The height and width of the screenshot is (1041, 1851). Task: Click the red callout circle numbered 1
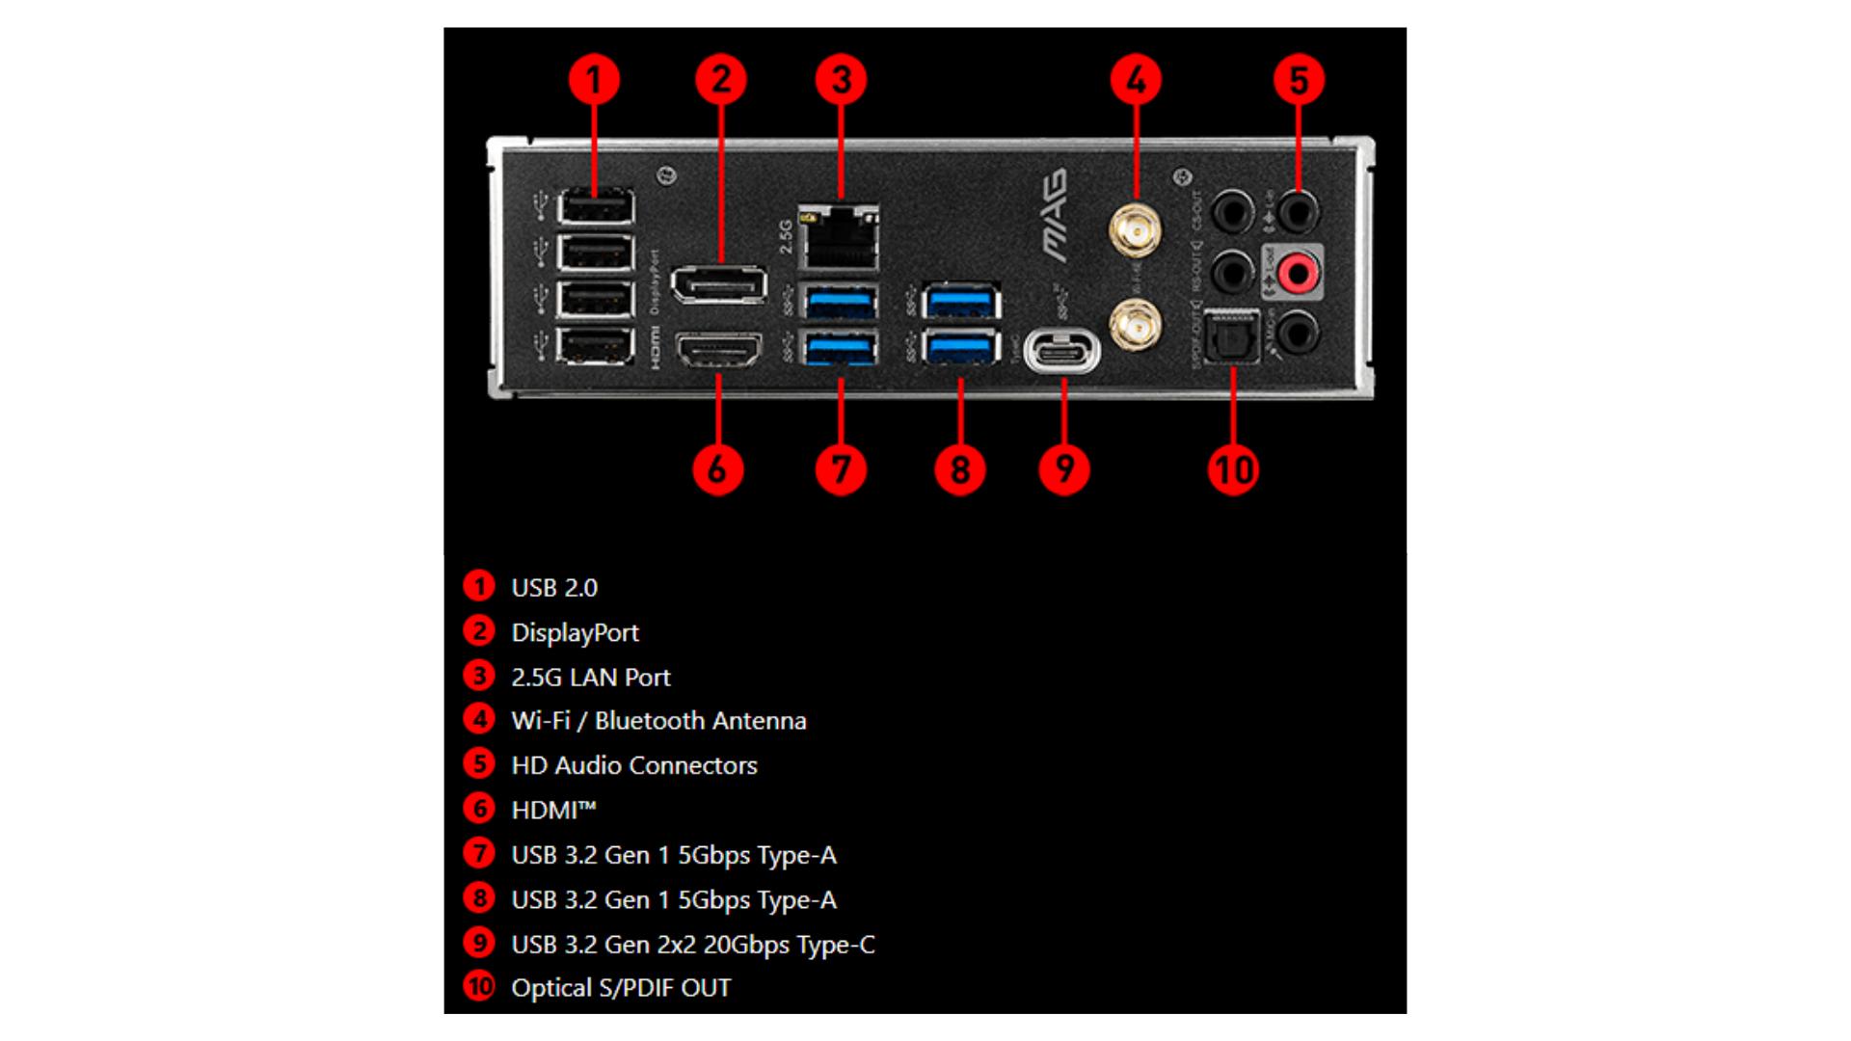pyautogui.click(x=593, y=79)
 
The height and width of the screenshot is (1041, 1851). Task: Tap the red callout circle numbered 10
pyautogui.click(x=1233, y=469)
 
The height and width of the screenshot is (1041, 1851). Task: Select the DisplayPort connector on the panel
pyautogui.click(x=718, y=284)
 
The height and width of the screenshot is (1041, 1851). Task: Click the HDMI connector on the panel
pyautogui.click(x=718, y=351)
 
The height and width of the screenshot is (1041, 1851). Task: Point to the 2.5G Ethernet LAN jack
pyautogui.click(x=839, y=238)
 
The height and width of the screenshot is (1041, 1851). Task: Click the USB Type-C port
pyautogui.click(x=1062, y=351)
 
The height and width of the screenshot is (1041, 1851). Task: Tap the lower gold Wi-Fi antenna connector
pyautogui.click(x=1135, y=325)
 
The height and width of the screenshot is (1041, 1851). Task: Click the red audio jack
pyautogui.click(x=1297, y=274)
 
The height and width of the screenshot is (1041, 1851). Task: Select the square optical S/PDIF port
pyautogui.click(x=1233, y=335)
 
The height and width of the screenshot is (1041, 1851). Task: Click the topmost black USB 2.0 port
pyautogui.click(x=596, y=207)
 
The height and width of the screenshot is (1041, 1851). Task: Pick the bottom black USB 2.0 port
pyautogui.click(x=596, y=345)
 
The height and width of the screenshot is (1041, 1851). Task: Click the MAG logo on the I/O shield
pyautogui.click(x=1055, y=215)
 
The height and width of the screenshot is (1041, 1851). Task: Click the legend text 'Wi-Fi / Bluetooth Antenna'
pyautogui.click(x=658, y=721)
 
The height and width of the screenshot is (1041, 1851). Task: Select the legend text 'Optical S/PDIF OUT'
pyautogui.click(x=621, y=988)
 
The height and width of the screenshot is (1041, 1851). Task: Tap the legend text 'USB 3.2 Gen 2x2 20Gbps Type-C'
pyautogui.click(x=693, y=945)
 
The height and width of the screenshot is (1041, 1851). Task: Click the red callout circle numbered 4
pyautogui.click(x=1136, y=79)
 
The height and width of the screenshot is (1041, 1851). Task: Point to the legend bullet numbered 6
pyautogui.click(x=479, y=809)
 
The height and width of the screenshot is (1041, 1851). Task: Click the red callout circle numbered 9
pyautogui.click(x=1064, y=469)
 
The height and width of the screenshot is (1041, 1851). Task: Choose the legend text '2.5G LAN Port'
pyautogui.click(x=590, y=678)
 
